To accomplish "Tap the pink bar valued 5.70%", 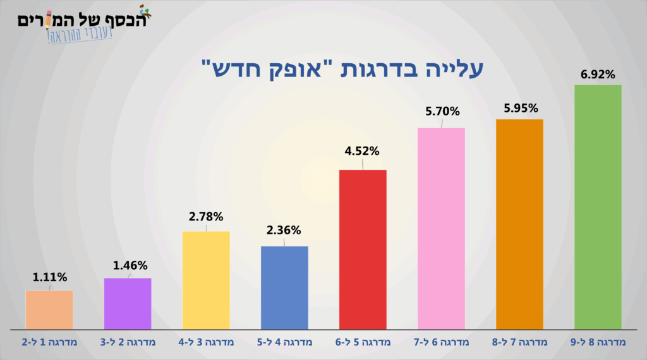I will (441, 229).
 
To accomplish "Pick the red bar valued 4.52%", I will (363, 249).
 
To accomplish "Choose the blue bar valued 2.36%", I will (284, 287).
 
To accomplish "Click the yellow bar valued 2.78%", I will (206, 280).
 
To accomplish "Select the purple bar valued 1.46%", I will (128, 303).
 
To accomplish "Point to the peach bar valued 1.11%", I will (49, 309).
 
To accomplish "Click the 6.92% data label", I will (598, 75).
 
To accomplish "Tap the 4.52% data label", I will (362, 151).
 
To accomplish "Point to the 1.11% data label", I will (49, 277).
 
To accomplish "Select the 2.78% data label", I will (206, 217).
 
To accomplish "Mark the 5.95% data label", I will (521, 107).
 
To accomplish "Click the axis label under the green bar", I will (598, 342).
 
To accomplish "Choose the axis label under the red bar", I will (363, 342).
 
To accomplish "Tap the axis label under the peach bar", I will (49, 342).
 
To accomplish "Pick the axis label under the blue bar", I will (284, 342).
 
